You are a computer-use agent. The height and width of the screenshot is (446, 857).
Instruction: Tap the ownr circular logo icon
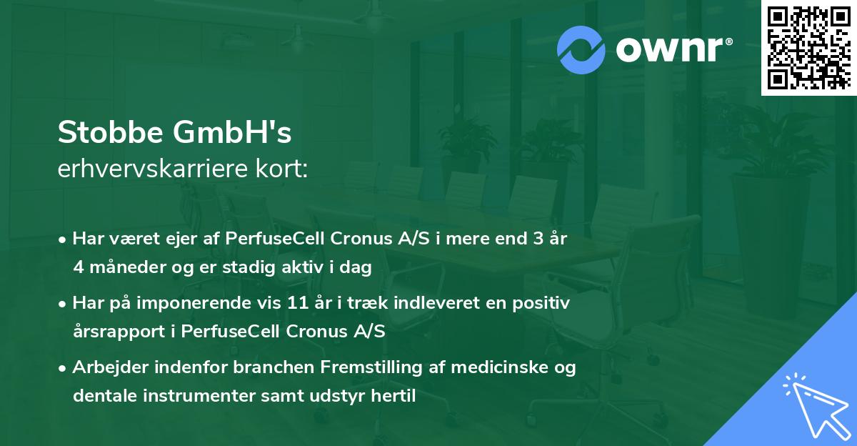[581, 50]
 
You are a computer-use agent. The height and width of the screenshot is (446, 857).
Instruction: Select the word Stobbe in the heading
[111, 132]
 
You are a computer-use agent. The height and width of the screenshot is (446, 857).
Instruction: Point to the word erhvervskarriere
[154, 169]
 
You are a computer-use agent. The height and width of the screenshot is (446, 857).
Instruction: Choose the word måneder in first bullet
[119, 267]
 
